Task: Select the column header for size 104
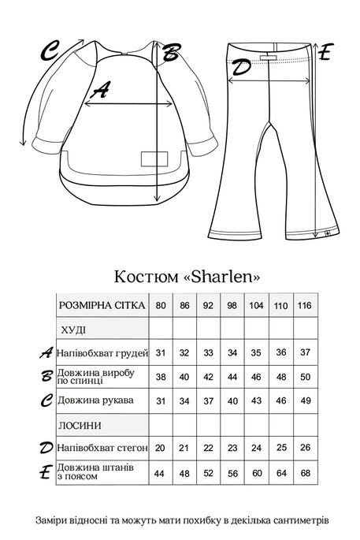pos(256,305)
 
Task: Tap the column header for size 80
pos(161,305)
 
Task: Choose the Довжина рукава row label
pos(95,400)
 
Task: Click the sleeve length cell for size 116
pos(304,400)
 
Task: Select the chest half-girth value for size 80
pos(161,352)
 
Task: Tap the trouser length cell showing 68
pos(304,473)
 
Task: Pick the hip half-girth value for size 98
pos(232,448)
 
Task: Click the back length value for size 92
pos(209,377)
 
